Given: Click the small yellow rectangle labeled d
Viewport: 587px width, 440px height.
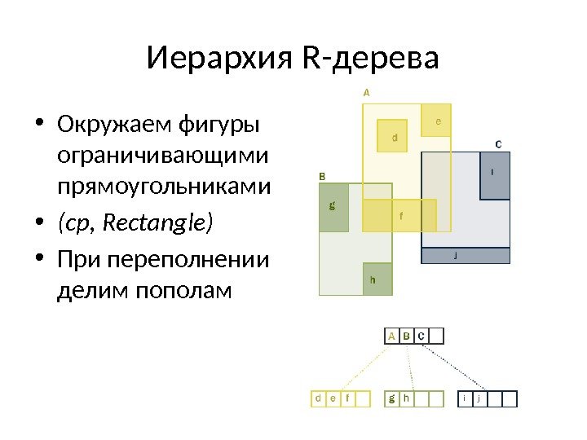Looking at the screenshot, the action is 395,137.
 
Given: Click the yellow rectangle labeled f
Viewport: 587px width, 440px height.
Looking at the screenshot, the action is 399,215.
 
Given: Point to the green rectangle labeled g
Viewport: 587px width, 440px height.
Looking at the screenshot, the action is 333,207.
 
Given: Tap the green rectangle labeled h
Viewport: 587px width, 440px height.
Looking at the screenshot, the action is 377,279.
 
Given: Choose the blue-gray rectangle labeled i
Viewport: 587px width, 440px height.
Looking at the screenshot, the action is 495,175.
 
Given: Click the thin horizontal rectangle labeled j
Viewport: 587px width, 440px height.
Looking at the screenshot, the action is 466,256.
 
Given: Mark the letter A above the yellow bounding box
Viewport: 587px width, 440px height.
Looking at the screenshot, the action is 366,93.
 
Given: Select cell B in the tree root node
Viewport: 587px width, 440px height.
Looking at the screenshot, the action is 405,336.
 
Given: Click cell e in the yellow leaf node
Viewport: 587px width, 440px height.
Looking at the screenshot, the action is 333,398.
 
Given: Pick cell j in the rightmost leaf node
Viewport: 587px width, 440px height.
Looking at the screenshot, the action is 479,398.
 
